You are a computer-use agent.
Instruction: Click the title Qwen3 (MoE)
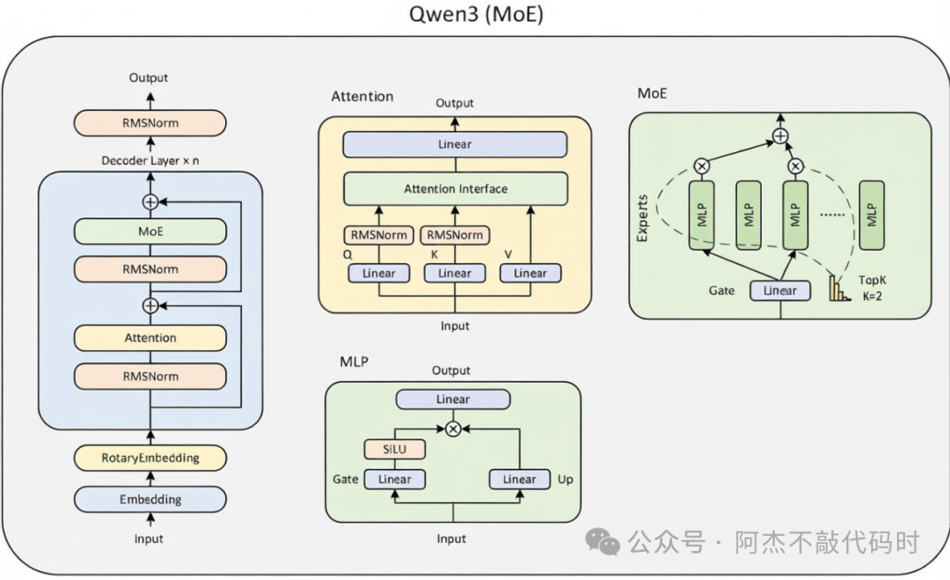476,14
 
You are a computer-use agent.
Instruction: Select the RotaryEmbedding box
150,458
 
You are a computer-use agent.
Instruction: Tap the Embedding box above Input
150,499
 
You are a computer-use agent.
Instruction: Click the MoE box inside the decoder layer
150,231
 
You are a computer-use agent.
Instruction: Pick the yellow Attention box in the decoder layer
150,338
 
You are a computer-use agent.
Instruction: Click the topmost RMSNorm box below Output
150,123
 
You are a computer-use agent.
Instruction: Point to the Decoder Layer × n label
150,160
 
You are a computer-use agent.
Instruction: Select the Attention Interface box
456,188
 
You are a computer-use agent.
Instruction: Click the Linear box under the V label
530,274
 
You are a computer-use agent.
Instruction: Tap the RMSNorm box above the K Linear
455,235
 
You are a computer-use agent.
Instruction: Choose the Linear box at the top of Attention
455,144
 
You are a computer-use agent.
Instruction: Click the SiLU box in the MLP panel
394,449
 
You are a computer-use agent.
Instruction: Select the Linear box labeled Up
519,480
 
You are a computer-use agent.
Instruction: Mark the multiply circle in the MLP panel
453,429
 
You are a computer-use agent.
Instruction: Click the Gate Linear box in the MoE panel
779,291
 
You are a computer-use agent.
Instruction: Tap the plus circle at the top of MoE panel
780,136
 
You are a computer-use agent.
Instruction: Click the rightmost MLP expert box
872,215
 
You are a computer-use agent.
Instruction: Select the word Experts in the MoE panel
642,218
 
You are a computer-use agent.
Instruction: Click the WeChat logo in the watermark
603,541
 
